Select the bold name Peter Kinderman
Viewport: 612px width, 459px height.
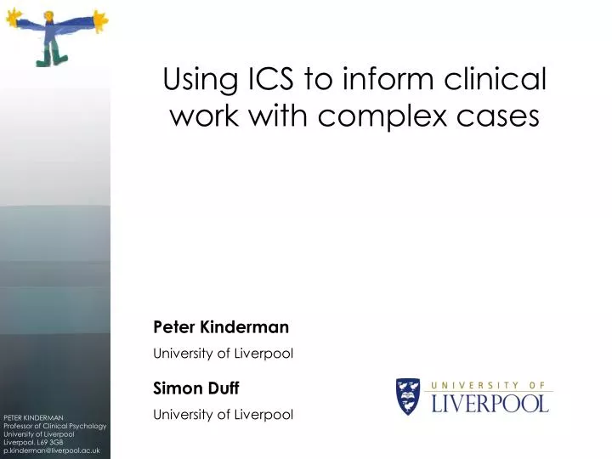[221, 326]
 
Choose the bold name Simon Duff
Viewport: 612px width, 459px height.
[196, 388]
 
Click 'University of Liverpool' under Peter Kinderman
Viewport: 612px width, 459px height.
[223, 354]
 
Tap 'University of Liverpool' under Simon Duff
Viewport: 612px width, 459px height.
[223, 415]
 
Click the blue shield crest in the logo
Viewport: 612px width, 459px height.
[408, 396]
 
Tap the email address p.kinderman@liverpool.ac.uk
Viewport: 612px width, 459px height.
[51, 451]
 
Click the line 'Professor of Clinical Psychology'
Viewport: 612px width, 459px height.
[54, 426]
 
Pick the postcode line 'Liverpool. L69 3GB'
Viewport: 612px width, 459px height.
[34, 443]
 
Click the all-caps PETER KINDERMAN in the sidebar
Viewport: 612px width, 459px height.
[32, 417]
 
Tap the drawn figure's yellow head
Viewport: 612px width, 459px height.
[48, 15]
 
